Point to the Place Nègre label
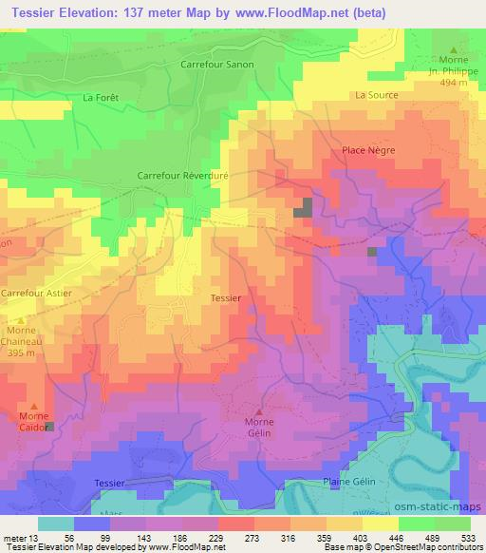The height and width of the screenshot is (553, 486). [368, 150]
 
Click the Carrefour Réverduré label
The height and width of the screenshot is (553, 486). [185, 176]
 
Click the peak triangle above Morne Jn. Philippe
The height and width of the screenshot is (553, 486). [454, 49]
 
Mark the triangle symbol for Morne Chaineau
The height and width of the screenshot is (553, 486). [21, 319]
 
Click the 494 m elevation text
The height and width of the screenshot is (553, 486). [454, 84]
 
